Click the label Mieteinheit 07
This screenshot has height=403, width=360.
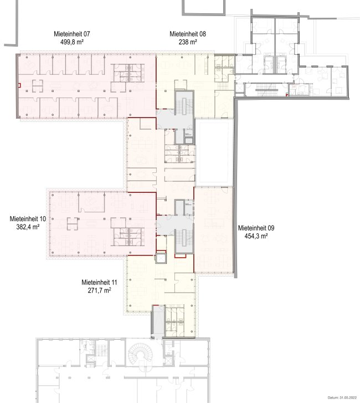click(x=71, y=34)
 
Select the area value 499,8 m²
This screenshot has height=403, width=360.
click(x=71, y=42)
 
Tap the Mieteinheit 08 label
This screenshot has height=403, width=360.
click(x=188, y=34)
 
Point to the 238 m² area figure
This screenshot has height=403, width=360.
click(x=188, y=42)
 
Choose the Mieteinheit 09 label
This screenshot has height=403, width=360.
click(x=256, y=228)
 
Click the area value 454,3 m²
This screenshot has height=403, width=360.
click(x=256, y=236)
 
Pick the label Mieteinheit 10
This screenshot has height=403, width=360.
click(x=28, y=219)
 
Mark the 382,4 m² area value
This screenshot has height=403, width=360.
click(x=28, y=227)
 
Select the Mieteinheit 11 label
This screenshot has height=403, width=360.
click(x=99, y=283)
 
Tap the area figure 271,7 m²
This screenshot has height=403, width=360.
click(x=99, y=290)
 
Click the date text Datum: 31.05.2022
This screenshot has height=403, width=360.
click(x=342, y=398)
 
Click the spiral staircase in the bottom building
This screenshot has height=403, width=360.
click(x=141, y=353)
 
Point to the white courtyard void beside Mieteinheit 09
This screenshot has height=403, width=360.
click(x=214, y=152)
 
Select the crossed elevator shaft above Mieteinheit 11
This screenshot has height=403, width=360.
click(x=161, y=258)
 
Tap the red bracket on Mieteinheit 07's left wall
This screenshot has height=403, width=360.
click(x=19, y=85)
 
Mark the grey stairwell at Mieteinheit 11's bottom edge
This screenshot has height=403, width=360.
click(x=158, y=322)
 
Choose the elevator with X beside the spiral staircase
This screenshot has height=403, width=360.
click(x=168, y=359)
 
